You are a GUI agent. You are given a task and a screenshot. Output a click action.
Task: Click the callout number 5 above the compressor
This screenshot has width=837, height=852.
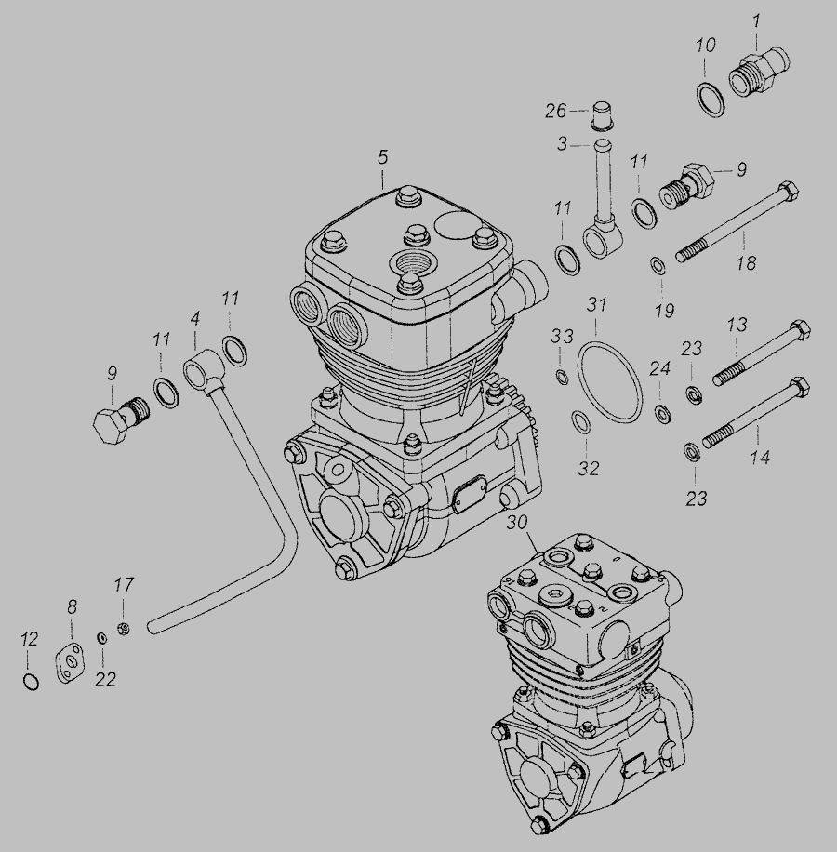[x=383, y=157]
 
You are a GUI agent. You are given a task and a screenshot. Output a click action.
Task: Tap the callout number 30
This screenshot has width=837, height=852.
[x=517, y=522]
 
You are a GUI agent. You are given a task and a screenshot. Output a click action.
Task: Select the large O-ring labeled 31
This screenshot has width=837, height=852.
[x=609, y=382]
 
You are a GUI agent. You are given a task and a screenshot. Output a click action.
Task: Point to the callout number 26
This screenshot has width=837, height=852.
[x=555, y=111]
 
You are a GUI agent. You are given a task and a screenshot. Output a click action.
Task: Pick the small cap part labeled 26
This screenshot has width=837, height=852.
[x=604, y=115]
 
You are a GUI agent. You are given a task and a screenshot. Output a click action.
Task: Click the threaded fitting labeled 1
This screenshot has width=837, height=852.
[x=758, y=72]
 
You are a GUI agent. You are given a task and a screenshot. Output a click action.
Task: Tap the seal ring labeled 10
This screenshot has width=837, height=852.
[x=710, y=100]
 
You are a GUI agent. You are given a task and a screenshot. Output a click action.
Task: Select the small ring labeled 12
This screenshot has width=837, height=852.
[x=32, y=682]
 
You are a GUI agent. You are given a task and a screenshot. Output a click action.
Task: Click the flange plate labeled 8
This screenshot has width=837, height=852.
[x=70, y=663]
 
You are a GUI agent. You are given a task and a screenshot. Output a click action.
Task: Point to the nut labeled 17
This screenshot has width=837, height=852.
[x=124, y=629]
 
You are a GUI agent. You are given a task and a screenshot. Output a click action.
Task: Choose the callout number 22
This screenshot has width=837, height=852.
[x=105, y=679]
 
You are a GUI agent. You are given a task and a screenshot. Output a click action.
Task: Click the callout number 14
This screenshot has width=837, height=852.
[x=760, y=458]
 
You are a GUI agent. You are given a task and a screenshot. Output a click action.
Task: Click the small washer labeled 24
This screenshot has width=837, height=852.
[x=661, y=414]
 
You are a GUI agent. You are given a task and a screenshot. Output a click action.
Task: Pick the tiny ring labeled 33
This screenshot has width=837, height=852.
[x=562, y=376]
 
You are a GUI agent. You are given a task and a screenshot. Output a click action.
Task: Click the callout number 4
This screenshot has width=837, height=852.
[x=195, y=318]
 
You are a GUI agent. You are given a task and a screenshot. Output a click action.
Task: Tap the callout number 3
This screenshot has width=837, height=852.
[x=562, y=144]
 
